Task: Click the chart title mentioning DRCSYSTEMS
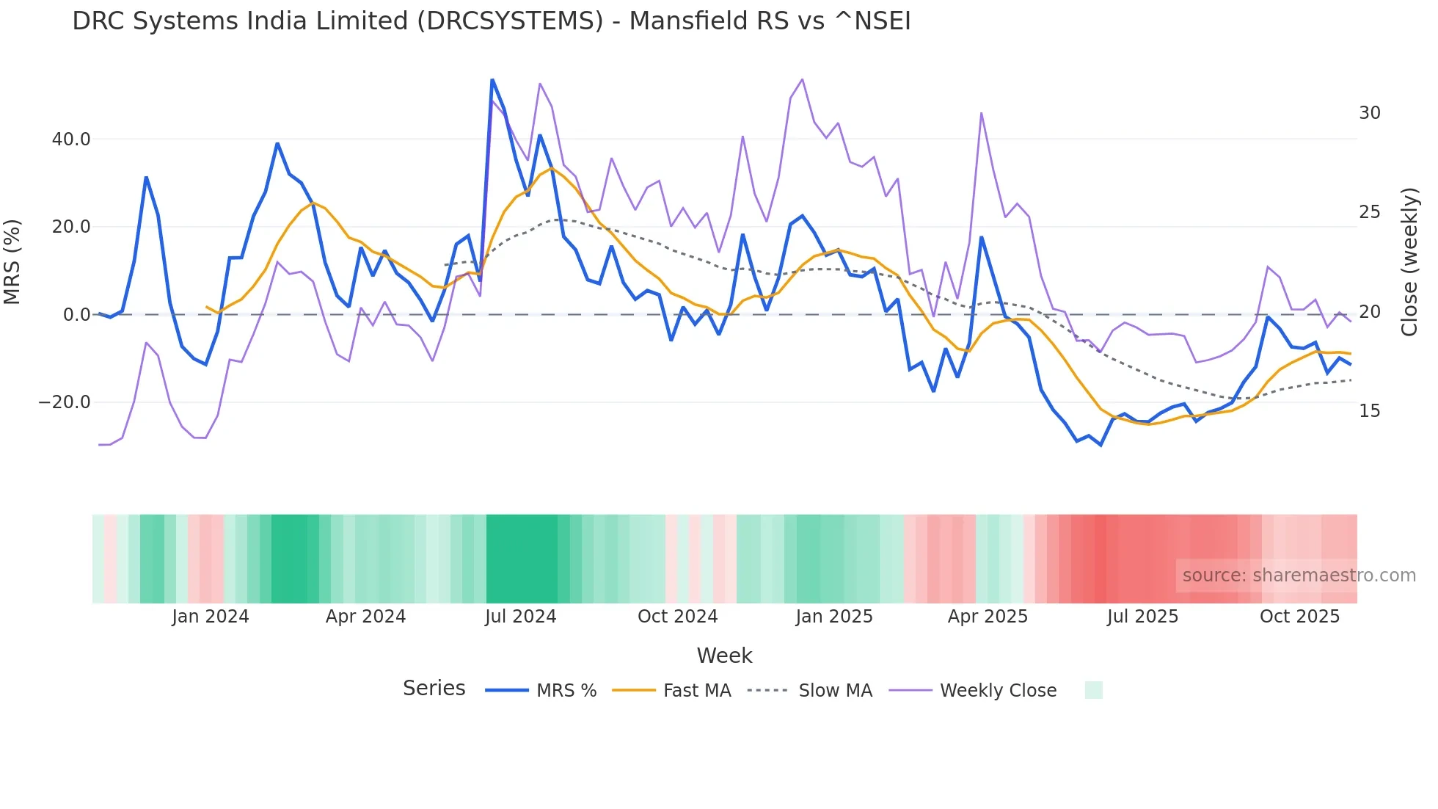click(491, 21)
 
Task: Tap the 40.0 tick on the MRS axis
click(71, 139)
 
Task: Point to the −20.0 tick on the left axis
click(65, 402)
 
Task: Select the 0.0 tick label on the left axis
click(76, 315)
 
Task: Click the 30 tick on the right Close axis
click(1369, 113)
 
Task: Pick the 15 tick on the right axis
click(1369, 411)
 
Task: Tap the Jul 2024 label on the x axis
click(520, 617)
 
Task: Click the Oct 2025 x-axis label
click(1299, 617)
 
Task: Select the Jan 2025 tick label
click(834, 617)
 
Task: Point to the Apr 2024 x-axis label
click(365, 617)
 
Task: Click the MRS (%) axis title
click(12, 262)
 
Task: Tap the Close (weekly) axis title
click(1409, 262)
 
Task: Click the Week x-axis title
click(724, 656)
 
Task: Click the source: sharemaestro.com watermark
click(1299, 576)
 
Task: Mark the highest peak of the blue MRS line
click(492, 80)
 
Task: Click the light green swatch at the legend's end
click(1093, 690)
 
